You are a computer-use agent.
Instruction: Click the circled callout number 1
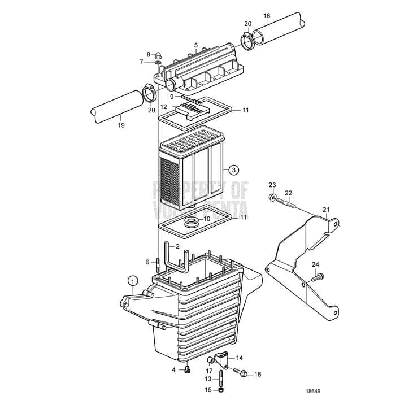click(x=132, y=280)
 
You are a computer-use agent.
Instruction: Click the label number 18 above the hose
click(x=267, y=15)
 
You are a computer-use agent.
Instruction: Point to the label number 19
click(x=121, y=125)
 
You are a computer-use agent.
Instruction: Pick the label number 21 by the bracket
click(x=325, y=210)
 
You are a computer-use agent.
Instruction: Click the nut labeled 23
click(x=273, y=197)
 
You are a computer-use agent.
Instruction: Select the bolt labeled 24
click(x=320, y=276)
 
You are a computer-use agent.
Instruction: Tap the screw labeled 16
click(x=244, y=373)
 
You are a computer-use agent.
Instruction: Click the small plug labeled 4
click(x=188, y=370)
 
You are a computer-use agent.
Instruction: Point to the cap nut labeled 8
click(x=159, y=55)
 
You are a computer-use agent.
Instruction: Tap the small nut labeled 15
click(x=221, y=389)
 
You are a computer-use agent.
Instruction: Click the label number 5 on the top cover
click(x=195, y=45)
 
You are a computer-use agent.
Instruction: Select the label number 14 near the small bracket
click(x=240, y=358)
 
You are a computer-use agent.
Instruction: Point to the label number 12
click(x=163, y=106)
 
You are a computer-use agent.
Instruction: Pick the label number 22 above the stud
click(x=288, y=193)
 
